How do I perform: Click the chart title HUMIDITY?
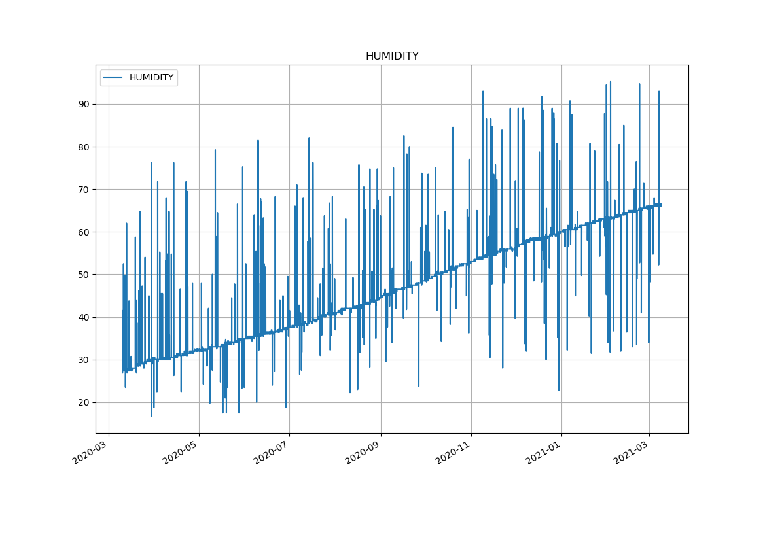[x=392, y=56]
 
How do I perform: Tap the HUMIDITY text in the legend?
[x=151, y=78]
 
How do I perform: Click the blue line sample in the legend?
[x=113, y=78]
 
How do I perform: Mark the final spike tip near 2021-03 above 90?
[x=659, y=92]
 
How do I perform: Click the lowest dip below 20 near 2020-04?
[x=151, y=415]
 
